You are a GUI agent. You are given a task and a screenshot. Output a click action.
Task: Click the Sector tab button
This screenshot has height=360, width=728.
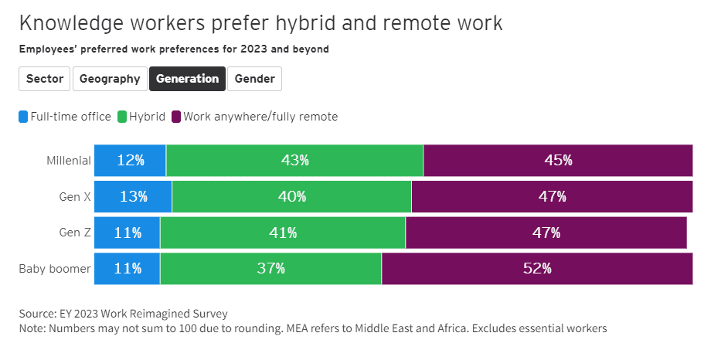45,79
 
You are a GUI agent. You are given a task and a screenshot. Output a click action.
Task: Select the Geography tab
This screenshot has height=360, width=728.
110,79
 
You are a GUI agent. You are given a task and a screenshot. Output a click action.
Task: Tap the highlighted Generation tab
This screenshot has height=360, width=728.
187,79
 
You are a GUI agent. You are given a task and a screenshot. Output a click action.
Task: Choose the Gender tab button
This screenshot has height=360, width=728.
254,79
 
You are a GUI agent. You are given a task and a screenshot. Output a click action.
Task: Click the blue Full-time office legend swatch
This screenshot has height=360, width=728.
24,117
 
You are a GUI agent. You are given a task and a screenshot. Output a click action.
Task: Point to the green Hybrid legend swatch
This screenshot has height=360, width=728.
122,117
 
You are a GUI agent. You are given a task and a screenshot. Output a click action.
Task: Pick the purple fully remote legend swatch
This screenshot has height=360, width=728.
176,117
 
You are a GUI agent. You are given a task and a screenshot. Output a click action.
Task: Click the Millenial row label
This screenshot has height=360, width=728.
69,161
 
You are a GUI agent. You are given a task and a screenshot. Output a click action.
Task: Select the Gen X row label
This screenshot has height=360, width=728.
75,197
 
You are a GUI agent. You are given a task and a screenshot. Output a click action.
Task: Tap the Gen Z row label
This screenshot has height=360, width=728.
75,233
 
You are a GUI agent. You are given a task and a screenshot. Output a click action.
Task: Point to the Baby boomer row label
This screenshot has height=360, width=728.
55,269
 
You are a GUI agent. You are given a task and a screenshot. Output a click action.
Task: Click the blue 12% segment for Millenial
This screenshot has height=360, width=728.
130,161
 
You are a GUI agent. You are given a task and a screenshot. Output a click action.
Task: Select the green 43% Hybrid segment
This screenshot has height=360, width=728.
294,161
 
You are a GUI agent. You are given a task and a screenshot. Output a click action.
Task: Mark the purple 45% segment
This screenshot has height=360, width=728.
557,161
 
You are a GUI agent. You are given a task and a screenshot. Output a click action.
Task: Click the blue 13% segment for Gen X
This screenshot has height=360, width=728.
133,197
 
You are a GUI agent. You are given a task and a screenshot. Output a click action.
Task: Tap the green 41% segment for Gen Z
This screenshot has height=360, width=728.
282,233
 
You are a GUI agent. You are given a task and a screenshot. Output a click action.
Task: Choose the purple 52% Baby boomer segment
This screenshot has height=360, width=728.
536,269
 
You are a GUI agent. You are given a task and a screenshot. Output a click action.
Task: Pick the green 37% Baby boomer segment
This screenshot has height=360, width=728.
270,269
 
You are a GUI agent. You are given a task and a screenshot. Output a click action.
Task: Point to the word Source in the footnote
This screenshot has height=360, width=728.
38,314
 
